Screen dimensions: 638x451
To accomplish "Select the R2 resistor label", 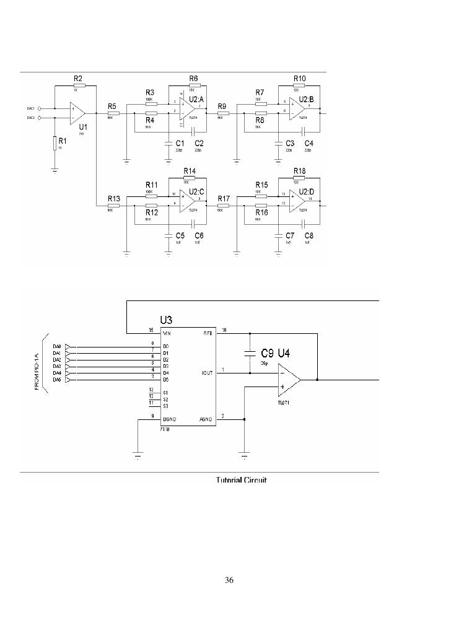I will (x=78, y=79).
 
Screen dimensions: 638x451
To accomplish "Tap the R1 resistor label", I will (x=63, y=141).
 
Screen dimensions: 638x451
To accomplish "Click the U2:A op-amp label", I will (x=198, y=99).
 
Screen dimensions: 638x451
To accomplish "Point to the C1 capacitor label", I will (x=180, y=143).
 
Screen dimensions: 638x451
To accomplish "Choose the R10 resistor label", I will (x=300, y=79).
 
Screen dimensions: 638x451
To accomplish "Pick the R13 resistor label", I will (x=113, y=199).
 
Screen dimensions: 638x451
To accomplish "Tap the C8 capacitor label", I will (x=308, y=236).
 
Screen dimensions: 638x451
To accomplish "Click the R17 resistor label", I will (x=223, y=199).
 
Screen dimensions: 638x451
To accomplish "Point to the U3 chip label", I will (x=166, y=320).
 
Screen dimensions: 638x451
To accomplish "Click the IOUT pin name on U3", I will (x=207, y=373).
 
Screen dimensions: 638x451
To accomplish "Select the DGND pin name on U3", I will (x=169, y=419).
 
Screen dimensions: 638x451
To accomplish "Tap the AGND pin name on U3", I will (x=206, y=419).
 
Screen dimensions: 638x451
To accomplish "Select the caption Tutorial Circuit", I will (x=241, y=480).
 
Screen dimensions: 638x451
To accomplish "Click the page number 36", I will (x=229, y=580).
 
